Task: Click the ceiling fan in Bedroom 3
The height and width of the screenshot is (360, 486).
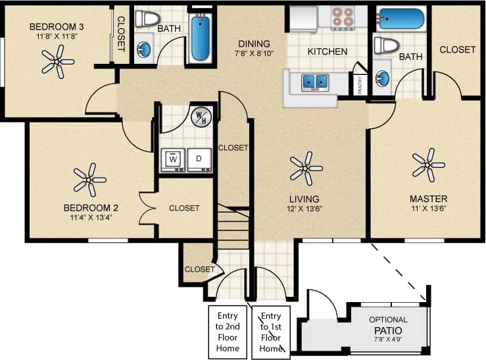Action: click(58, 63)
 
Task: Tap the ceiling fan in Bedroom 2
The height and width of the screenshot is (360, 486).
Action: click(89, 180)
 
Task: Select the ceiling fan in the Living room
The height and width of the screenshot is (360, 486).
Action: click(306, 168)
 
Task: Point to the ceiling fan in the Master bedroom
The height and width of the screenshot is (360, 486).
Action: click(428, 165)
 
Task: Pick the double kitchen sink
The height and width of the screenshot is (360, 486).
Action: click(316, 82)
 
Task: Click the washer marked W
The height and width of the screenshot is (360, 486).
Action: click(174, 160)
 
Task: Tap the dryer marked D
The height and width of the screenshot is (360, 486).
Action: click(199, 160)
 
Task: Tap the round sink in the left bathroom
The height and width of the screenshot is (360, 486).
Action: click(144, 49)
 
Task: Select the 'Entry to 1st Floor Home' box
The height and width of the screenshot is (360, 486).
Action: click(270, 332)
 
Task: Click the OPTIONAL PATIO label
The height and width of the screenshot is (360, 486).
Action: click(388, 325)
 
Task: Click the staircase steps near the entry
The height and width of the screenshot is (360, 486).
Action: click(233, 227)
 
